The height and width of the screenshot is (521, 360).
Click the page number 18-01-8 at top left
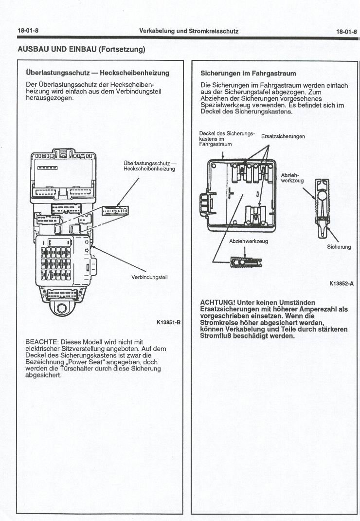pos(28,31)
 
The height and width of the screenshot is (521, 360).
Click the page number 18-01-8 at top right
pos(346,31)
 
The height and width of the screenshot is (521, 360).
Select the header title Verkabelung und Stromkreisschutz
pos(188,31)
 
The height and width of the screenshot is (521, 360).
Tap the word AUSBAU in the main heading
pos(32,49)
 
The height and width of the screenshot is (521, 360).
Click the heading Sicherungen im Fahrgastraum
pos(248,74)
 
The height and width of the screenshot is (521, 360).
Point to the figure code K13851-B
pos(168,322)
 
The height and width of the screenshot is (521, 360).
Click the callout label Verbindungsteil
pos(149,278)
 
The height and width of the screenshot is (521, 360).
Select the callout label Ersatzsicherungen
pos(283,136)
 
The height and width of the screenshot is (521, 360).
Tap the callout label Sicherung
pos(339,247)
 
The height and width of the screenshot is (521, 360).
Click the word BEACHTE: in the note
pos(42,342)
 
